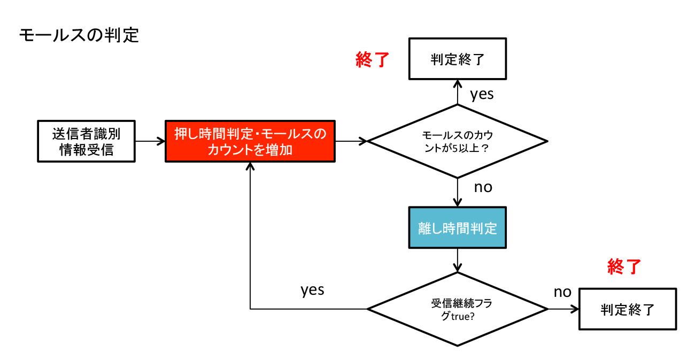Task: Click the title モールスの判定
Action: [x=79, y=36]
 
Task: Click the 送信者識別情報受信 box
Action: [x=86, y=141]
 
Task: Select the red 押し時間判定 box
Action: [x=250, y=141]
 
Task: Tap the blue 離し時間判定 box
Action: [x=457, y=228]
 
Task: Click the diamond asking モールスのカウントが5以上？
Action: [x=457, y=141]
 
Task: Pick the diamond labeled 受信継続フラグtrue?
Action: [x=457, y=309]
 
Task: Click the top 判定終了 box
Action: [x=457, y=59]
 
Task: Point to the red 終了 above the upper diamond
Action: [x=372, y=59]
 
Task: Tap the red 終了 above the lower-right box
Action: [x=624, y=266]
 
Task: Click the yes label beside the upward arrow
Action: [x=481, y=94]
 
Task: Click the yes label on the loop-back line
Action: [x=312, y=289]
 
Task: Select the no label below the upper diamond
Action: [x=483, y=187]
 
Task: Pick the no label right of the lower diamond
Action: [x=562, y=292]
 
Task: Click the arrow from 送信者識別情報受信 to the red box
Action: [x=150, y=141]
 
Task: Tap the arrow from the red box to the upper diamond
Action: [x=351, y=141]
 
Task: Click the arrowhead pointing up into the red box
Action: [x=250, y=167]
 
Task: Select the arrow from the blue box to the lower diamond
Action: [x=457, y=261]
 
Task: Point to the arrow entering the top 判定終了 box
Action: [x=457, y=91]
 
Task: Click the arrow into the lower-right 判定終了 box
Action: [x=564, y=309]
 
